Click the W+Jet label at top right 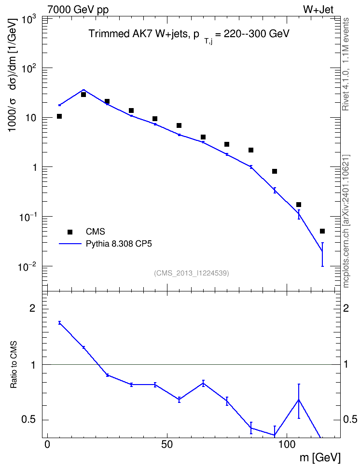click(318, 9)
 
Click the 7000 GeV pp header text click(78, 10)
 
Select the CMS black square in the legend click(70, 232)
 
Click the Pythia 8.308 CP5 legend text click(119, 244)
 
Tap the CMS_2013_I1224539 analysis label click(191, 273)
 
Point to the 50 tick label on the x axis click(167, 444)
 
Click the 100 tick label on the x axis click(287, 444)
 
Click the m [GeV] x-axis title click(320, 458)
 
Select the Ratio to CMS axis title click(14, 364)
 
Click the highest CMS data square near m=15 click(83, 95)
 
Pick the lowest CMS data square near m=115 click(322, 231)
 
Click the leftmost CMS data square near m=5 click(59, 116)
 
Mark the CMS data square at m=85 click(251, 150)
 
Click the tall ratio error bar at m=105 click(299, 401)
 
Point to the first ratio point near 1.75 click(59, 323)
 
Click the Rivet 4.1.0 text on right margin click(346, 64)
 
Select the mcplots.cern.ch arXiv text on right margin click(346, 221)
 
